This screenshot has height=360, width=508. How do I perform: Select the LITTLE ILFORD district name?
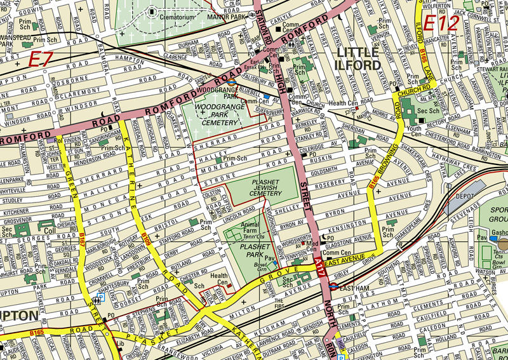tap(359, 58)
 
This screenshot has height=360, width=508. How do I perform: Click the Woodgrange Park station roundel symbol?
tap(232, 82)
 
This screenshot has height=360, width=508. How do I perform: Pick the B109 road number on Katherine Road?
tap(147, 240)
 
